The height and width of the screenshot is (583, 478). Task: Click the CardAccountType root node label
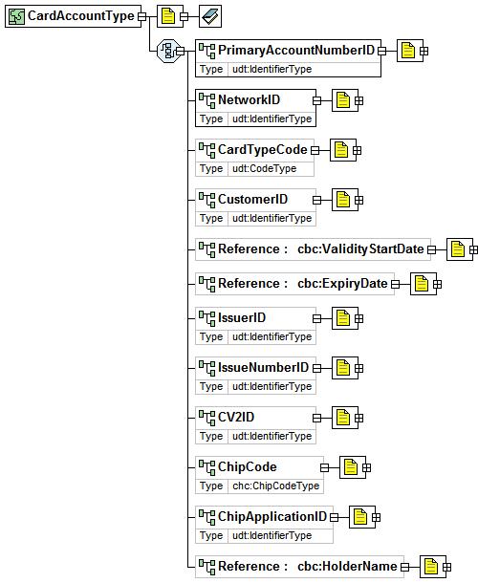coord(80,15)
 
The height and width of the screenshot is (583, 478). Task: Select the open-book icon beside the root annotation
coord(210,16)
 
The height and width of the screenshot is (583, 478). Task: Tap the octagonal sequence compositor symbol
coord(168,51)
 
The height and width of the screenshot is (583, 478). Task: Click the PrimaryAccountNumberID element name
coord(296,50)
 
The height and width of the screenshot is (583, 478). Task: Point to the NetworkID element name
coord(249,99)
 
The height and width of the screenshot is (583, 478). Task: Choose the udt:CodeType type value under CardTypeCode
coord(264,168)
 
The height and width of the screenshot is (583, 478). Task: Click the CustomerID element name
coord(252,199)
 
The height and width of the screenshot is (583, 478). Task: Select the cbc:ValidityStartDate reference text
coord(360,248)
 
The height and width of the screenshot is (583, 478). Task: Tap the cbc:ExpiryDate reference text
coord(342,283)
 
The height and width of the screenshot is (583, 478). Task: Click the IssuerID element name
coord(242,317)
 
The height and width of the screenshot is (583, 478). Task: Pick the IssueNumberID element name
coord(263,367)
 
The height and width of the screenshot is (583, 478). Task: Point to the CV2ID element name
coord(236,417)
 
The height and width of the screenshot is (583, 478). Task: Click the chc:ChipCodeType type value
coord(275,486)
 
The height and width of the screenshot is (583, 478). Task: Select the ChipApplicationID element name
coord(272,516)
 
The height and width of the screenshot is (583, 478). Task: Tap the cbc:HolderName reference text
coord(347,566)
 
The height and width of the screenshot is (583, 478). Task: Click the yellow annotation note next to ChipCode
coord(351,467)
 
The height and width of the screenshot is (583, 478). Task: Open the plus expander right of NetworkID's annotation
coord(358,100)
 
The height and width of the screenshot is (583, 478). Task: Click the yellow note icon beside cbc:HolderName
coord(431,567)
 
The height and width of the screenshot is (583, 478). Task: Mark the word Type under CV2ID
coord(211,436)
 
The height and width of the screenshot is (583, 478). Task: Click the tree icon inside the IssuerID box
coord(206,318)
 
